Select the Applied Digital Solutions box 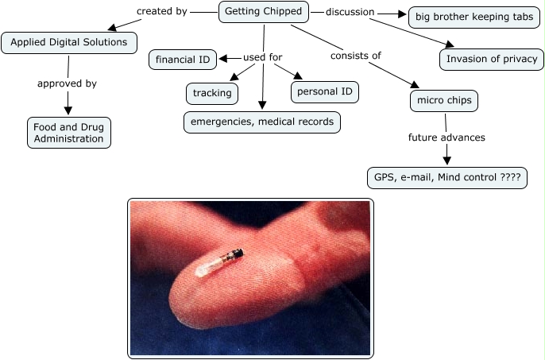click(69, 42)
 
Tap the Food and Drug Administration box click(68, 132)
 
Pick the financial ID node click(184, 59)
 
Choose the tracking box click(212, 93)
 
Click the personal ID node click(324, 91)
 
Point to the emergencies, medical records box click(262, 122)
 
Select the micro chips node click(445, 101)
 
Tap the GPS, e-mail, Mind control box click(446, 177)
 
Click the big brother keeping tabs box click(474, 17)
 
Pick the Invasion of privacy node click(492, 59)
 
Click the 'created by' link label click(161, 12)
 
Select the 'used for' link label click(263, 57)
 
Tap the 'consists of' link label click(356, 56)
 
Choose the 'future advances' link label click(446, 137)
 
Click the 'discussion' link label click(350, 12)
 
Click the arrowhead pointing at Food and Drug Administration click(68, 110)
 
